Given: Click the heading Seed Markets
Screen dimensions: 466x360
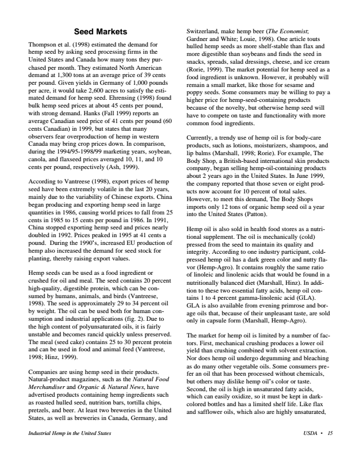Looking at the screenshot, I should coord(101,31).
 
